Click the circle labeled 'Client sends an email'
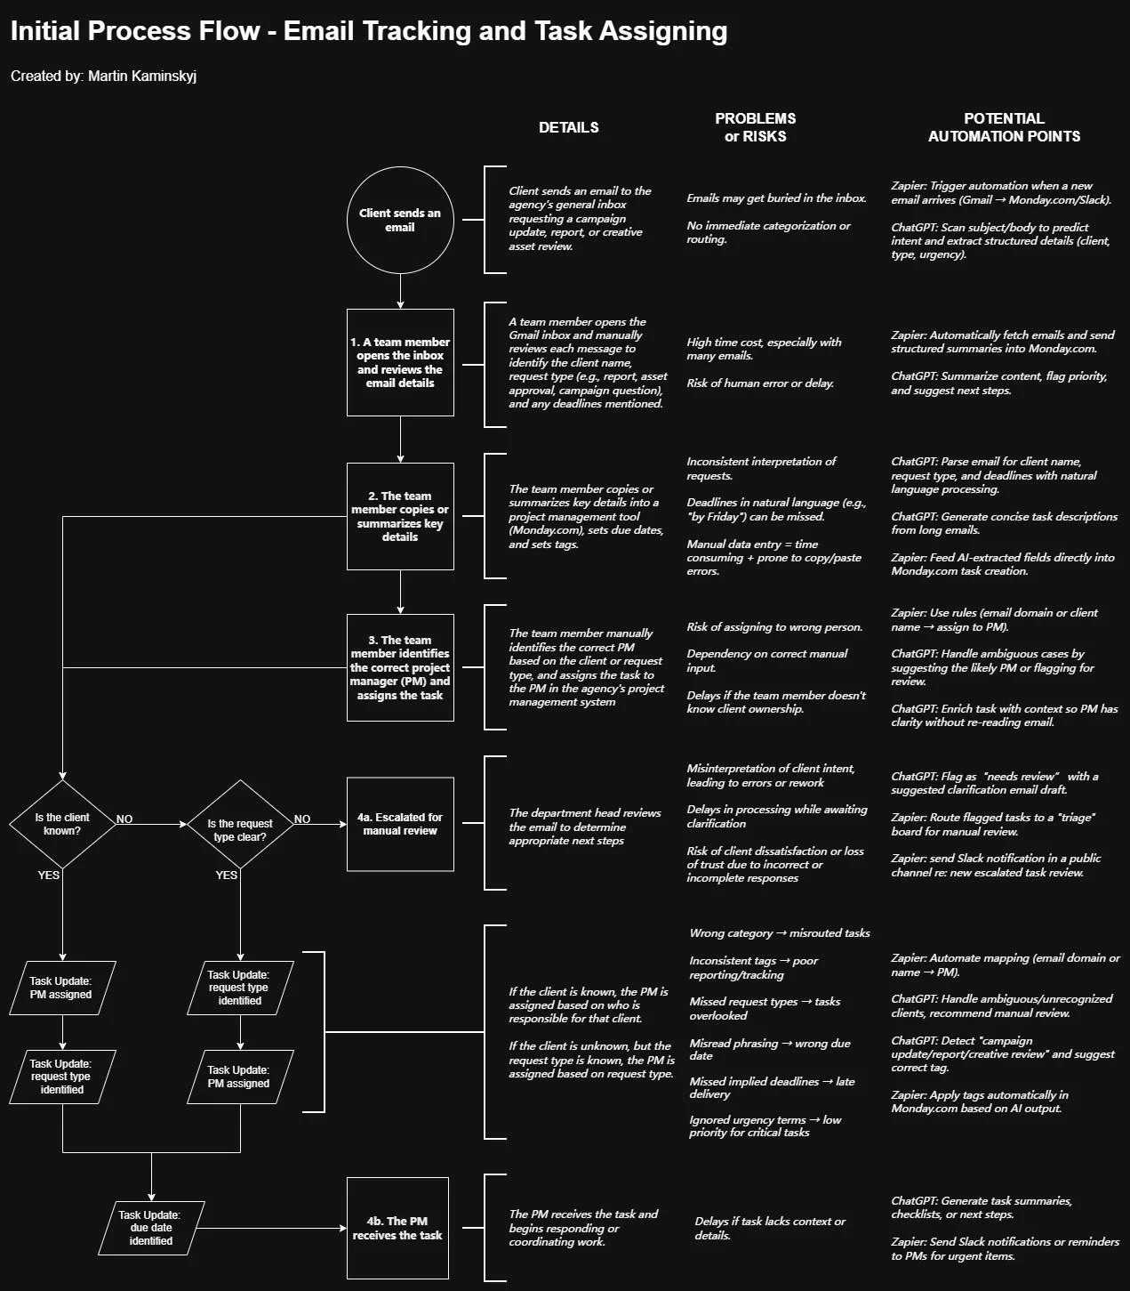pos(400,221)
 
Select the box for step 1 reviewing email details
pos(400,362)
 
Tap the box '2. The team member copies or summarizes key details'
pos(400,516)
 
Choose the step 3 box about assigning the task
pos(400,667)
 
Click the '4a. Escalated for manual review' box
pos(400,824)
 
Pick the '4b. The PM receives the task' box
pos(397,1228)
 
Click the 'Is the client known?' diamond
pos(62,824)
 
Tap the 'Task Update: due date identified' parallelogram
pos(151,1228)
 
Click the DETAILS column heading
pos(569,127)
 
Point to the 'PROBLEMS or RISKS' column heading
pos(756,127)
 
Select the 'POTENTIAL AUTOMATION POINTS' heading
pos(1004,127)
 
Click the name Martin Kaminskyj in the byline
pos(142,77)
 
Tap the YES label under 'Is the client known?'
pos(49,875)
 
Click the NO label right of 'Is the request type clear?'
pos(302,819)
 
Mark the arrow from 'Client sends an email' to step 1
pos(400,291)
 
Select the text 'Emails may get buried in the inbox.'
pos(776,198)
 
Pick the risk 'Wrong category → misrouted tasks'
pos(780,933)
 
